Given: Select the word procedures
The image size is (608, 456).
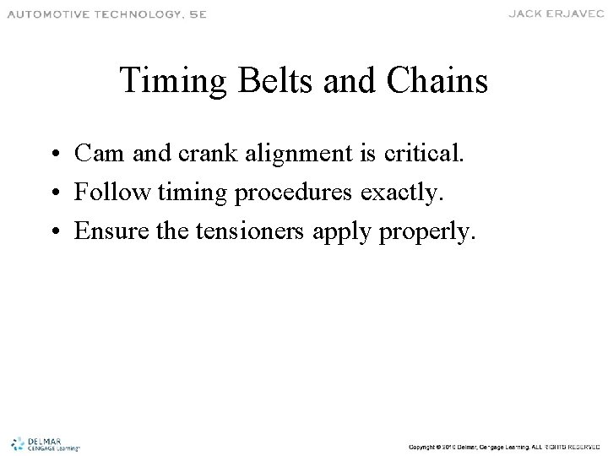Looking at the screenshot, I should coord(296,194).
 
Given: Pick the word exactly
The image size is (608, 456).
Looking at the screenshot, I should coord(407,194).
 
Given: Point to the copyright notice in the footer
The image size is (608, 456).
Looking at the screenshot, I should coord(503,445).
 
